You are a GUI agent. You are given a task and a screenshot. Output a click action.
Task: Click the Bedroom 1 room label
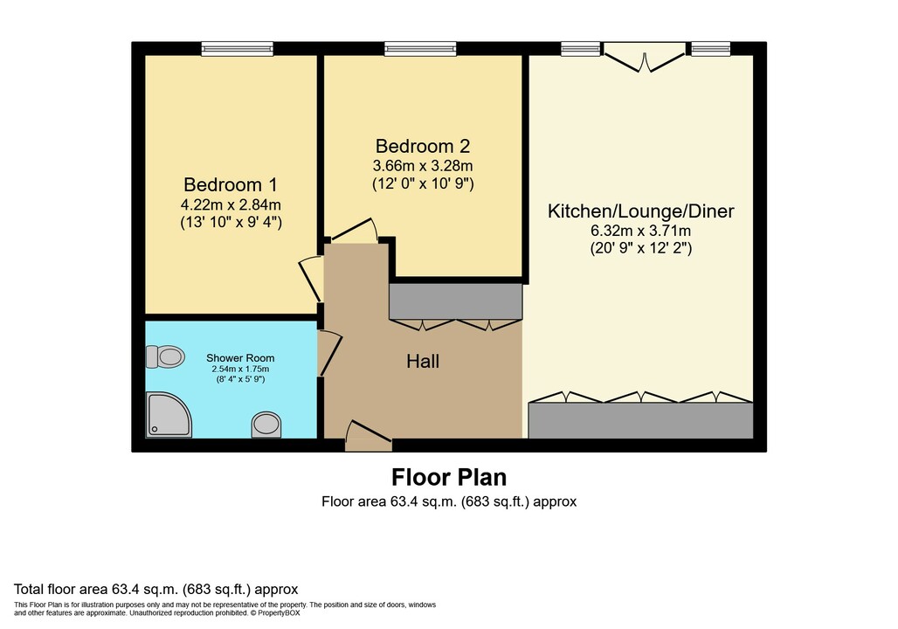pos(231,184)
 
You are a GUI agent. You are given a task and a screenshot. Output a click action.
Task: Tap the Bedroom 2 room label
pos(423,146)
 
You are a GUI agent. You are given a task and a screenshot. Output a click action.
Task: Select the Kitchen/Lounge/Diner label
pos(641,211)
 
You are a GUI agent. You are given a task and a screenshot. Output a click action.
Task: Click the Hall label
pos(423,361)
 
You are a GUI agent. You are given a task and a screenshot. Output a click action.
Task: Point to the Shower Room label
pos(240,358)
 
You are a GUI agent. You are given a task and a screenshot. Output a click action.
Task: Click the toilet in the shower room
pos(165,356)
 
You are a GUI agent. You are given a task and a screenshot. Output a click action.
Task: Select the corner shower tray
pos(169,415)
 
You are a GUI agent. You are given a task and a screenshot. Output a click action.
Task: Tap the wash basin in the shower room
pos(266,425)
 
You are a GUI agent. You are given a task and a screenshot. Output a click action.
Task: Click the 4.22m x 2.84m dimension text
pos(231,204)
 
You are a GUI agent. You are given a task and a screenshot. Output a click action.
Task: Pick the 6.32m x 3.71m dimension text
pos(641,231)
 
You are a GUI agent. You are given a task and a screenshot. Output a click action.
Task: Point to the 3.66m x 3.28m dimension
pos(423,166)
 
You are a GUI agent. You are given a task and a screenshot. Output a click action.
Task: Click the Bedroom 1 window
pos(237,49)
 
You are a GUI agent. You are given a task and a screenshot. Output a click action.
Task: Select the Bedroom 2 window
pos(420,49)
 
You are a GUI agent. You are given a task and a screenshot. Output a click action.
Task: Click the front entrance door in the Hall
pos(369,438)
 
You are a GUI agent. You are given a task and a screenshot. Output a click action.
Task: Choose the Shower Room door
pos(330,353)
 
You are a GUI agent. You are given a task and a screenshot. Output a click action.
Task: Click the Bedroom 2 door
pos(354,231)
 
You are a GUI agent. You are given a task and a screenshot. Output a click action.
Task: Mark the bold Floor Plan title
pos(449,477)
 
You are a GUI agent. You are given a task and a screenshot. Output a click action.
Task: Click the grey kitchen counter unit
pos(640,420)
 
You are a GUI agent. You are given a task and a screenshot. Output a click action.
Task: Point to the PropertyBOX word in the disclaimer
pos(279,613)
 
